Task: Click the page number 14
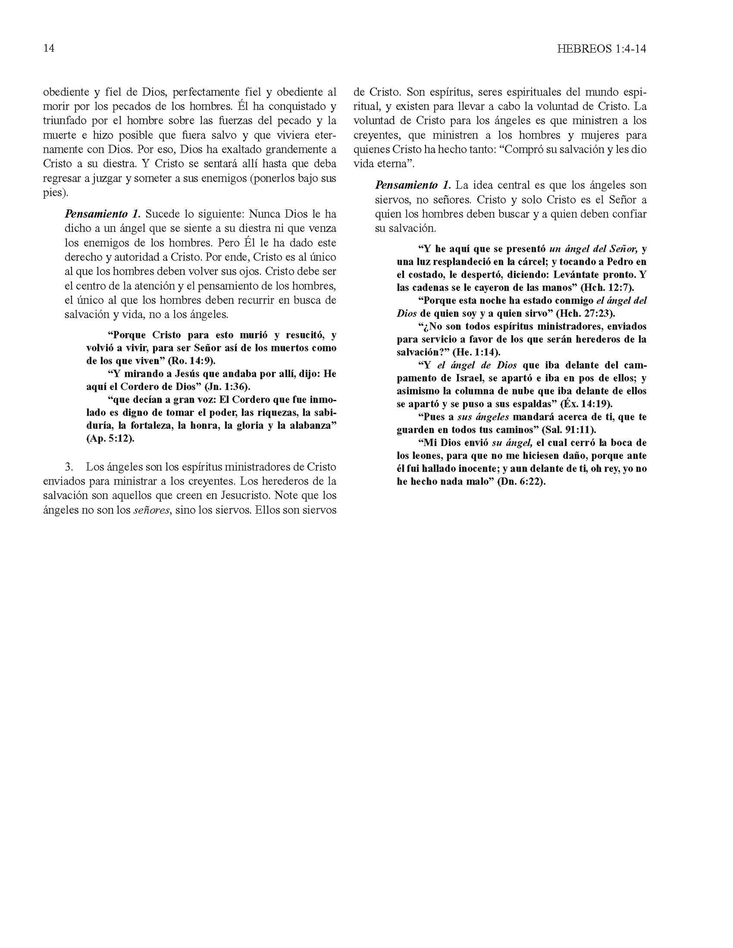pos(49,49)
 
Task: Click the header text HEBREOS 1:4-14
pos(603,49)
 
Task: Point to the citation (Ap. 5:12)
pos(110,439)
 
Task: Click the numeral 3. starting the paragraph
pos(70,466)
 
